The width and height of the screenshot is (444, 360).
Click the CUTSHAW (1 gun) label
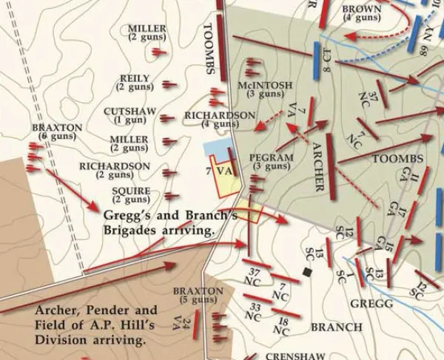[124, 115]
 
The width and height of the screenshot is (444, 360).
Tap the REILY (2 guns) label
[135, 83]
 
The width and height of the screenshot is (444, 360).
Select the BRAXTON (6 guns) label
[57, 132]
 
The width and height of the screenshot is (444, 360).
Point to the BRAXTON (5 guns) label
[198, 296]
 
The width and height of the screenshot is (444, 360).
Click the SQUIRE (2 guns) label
[132, 195]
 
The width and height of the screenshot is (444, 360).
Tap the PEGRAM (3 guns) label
[271, 162]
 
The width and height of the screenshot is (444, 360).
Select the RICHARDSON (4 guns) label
[220, 120]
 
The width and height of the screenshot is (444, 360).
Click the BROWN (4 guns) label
[362, 13]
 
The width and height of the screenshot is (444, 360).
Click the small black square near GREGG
[307, 272]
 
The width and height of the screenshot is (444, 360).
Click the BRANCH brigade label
[337, 327]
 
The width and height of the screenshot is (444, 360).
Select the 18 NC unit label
[282, 326]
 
